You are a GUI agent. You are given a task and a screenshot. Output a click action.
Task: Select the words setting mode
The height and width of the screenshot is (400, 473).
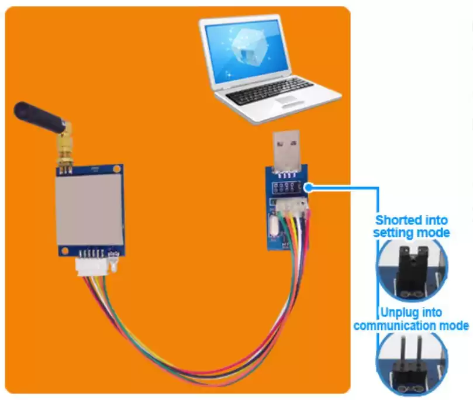(x=412, y=232)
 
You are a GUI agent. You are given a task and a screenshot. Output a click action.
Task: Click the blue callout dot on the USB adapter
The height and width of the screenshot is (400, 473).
(x=308, y=188)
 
